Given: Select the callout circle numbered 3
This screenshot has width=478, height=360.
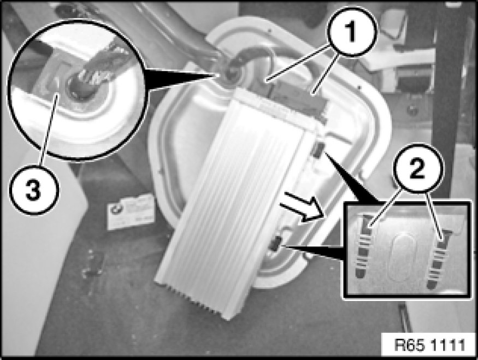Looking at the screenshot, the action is pos(33,190).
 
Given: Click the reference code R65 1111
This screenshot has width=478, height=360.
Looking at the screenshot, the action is pos(430,345).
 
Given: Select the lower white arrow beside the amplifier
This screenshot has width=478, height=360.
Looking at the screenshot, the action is pos(300,214).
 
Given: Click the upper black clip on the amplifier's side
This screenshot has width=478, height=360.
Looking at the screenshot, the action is pos(317,150).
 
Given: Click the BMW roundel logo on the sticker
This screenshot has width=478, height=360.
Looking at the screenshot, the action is pos(115,209).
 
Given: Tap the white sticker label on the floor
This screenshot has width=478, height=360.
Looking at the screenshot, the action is pos(130,212).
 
